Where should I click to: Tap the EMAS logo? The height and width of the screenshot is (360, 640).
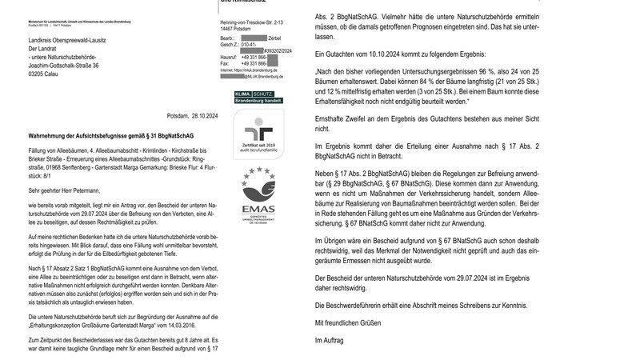tap(255, 196)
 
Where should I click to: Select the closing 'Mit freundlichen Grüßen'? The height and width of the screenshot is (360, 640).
tap(347, 322)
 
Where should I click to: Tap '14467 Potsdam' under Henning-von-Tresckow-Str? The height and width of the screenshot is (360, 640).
tap(239, 27)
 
